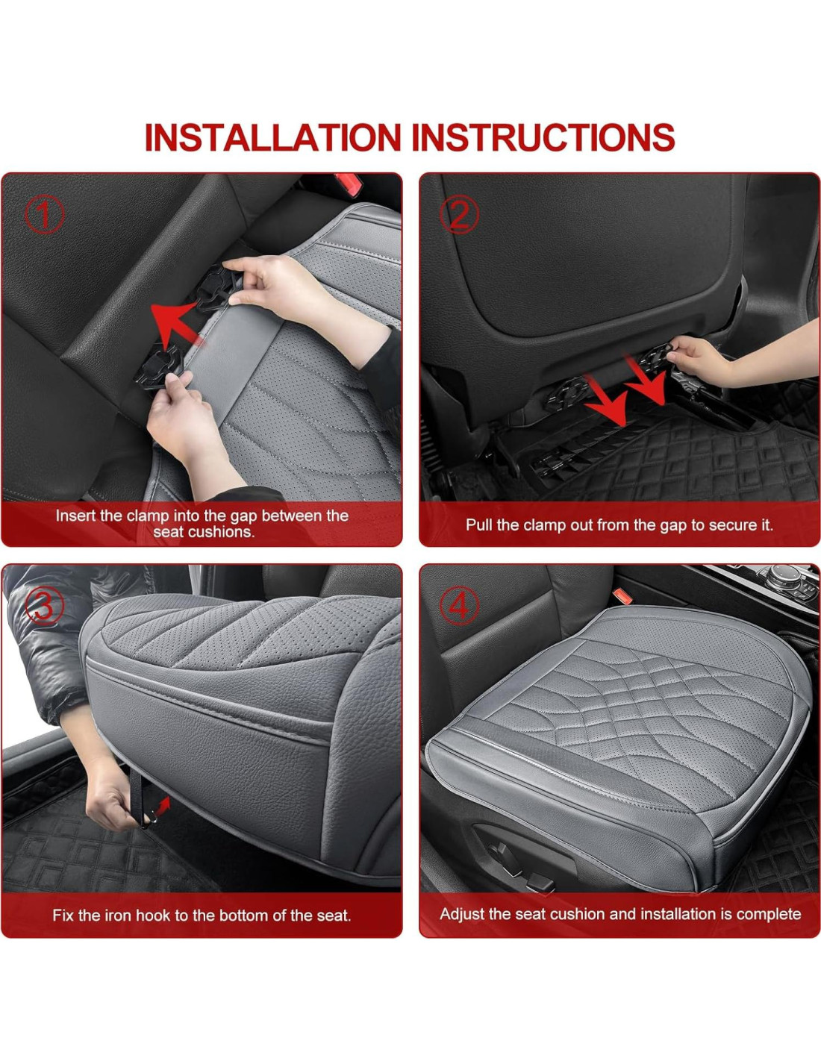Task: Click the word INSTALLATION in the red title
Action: [x=273, y=137]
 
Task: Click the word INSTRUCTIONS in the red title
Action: [x=543, y=137]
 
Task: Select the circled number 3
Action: [x=44, y=607]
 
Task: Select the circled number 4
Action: [x=459, y=607]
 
